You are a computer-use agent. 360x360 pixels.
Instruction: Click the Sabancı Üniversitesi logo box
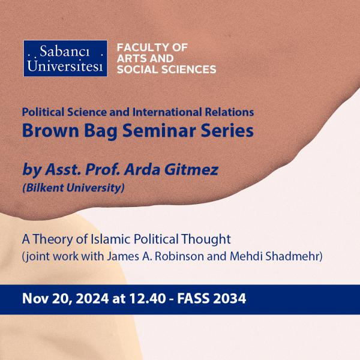pyautogui.click(x=65, y=58)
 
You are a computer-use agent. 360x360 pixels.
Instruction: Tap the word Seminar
pyautogui.click(x=159, y=130)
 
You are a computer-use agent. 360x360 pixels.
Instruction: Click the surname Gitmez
pyautogui.click(x=191, y=170)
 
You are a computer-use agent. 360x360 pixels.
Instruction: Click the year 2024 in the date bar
pyautogui.click(x=92, y=299)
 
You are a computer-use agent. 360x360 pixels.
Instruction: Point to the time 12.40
pyautogui.click(x=148, y=299)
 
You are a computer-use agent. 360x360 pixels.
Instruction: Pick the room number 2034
pyautogui.click(x=230, y=299)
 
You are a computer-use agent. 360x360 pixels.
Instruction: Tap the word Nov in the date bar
pyautogui.click(x=35, y=299)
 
